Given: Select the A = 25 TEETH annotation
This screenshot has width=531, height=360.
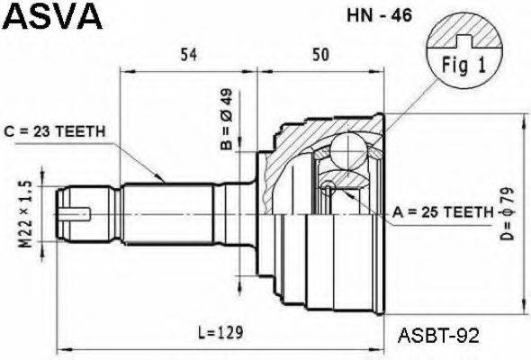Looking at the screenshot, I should tap(442, 212).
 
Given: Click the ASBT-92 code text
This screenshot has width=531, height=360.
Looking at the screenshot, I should tap(438, 334).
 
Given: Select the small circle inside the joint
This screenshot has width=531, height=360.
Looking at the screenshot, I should tap(329, 187).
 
